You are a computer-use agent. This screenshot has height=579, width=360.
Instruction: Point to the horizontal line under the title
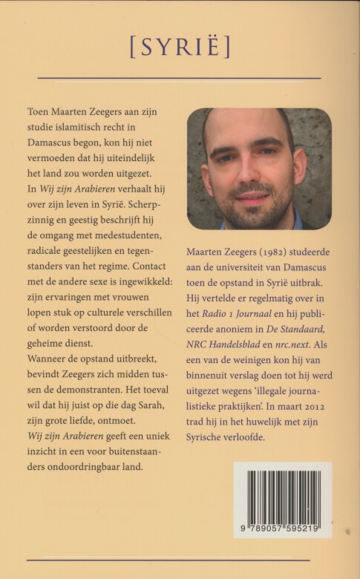pos(179,77)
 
